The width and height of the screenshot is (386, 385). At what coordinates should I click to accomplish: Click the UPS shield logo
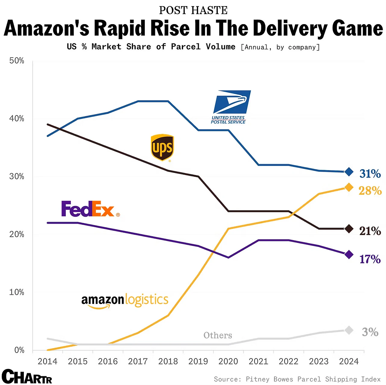coord(162,148)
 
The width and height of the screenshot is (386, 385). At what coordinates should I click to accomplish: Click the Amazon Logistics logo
coord(125,301)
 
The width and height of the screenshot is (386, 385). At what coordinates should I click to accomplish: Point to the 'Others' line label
coord(218,335)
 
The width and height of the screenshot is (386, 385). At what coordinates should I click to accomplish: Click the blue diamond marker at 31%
coord(349,172)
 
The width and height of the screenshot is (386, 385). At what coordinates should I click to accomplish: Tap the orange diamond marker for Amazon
coord(349,187)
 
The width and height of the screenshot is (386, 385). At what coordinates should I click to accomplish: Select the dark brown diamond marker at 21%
coord(349,229)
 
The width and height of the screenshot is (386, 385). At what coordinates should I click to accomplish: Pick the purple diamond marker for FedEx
coord(349,255)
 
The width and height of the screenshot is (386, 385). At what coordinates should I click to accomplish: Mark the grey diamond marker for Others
coord(349,330)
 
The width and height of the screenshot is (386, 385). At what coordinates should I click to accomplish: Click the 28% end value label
coord(370,191)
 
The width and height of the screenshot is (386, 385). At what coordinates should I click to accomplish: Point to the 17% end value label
coord(370,259)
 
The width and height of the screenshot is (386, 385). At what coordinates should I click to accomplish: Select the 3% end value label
coord(370,332)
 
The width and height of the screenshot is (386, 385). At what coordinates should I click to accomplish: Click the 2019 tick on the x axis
coord(198,361)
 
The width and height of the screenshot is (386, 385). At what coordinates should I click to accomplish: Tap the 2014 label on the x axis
coord(48,361)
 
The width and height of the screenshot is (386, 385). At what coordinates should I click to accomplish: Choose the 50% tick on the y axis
coord(17,61)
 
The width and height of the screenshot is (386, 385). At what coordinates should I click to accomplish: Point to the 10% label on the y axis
coord(17,292)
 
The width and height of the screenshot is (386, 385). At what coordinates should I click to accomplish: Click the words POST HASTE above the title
coord(193,10)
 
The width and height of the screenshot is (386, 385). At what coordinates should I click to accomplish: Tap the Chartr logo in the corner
coord(27,377)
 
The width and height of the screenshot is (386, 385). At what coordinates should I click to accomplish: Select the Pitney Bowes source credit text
coord(297,379)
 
